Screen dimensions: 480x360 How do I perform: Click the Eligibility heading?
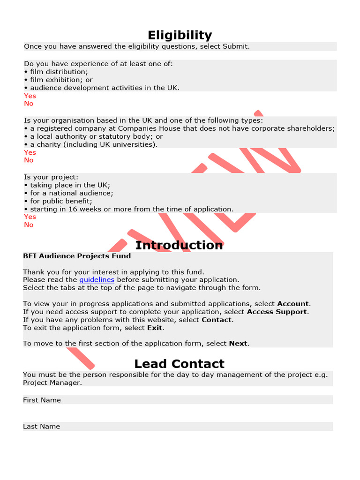click(180, 35)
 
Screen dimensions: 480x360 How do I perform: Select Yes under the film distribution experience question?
click(30, 96)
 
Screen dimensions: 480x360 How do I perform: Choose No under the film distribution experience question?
click(29, 104)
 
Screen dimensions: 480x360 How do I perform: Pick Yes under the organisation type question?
click(30, 152)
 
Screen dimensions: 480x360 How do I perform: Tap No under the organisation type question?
click(29, 160)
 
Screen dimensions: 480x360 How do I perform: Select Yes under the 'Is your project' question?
click(30, 217)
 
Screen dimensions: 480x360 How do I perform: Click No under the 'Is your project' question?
click(29, 225)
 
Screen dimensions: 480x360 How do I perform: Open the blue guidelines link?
click(97, 279)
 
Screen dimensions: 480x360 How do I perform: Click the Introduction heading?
click(179, 245)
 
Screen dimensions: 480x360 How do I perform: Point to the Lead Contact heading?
click(179, 364)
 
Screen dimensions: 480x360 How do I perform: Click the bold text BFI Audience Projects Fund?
click(77, 256)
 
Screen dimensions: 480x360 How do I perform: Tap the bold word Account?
click(293, 304)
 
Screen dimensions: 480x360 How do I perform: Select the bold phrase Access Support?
click(277, 312)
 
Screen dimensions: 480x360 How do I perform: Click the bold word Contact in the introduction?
click(217, 320)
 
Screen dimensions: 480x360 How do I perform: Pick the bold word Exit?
click(155, 328)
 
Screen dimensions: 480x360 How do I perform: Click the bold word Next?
click(238, 343)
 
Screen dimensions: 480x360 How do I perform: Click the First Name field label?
click(42, 400)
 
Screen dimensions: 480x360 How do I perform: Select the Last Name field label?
click(42, 426)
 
